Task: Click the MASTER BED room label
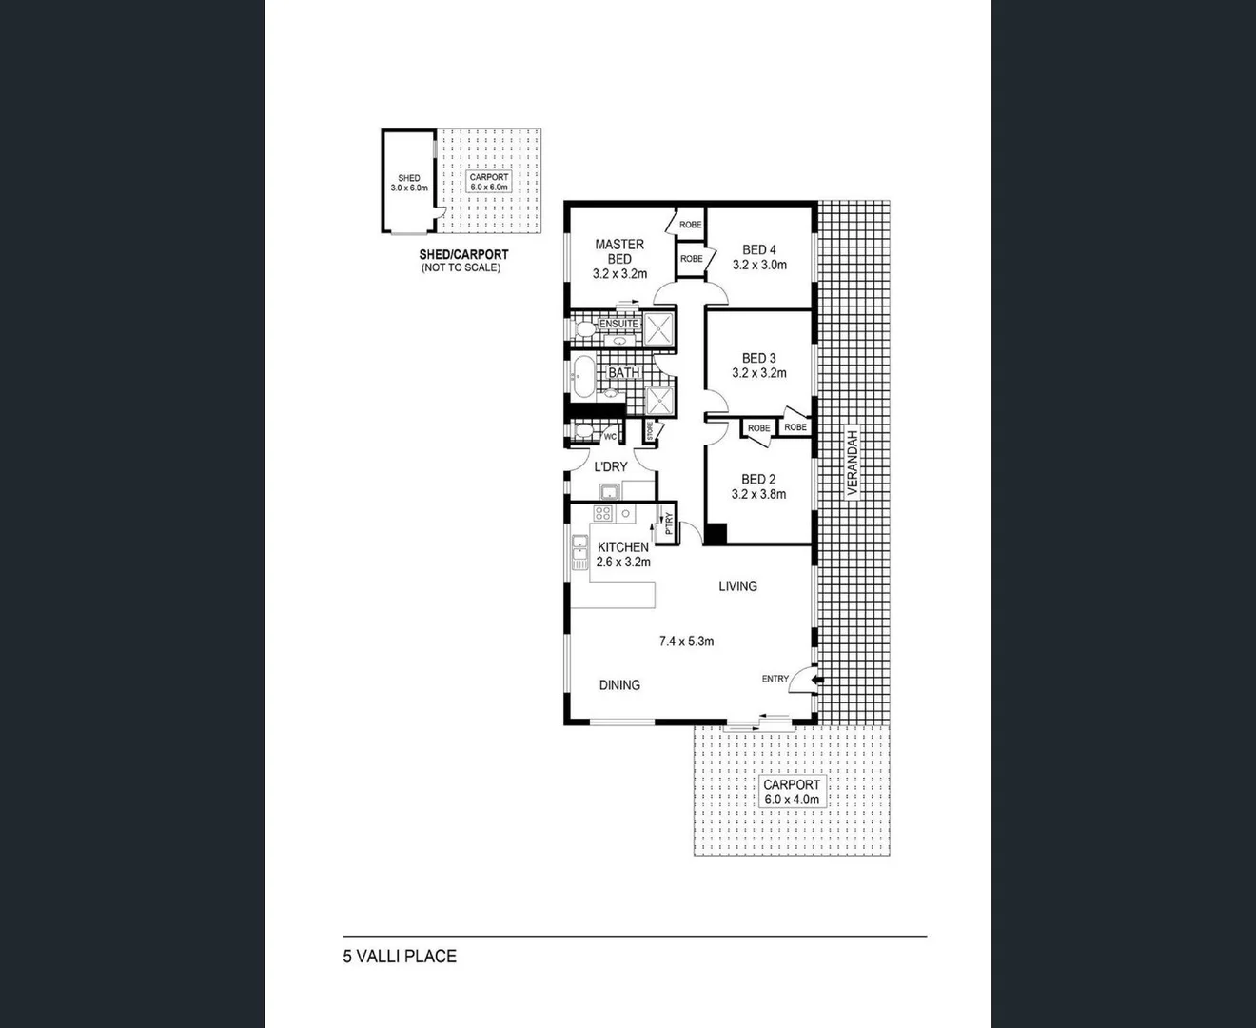point(619,251)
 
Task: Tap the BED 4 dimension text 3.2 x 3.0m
point(759,265)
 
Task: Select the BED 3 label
point(758,359)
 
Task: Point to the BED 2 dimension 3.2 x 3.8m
point(758,494)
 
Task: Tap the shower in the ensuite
point(657,330)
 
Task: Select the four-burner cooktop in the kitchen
point(602,513)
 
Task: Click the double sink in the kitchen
point(579,551)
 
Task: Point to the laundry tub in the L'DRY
point(609,491)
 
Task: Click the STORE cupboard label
point(651,431)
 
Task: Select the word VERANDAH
point(854,463)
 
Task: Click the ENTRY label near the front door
point(775,679)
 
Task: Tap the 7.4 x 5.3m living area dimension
point(686,642)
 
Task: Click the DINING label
point(619,684)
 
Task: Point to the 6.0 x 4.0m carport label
point(792,800)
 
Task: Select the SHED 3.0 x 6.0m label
point(409,183)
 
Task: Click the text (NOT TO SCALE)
point(461,268)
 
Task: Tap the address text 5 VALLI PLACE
point(400,957)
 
